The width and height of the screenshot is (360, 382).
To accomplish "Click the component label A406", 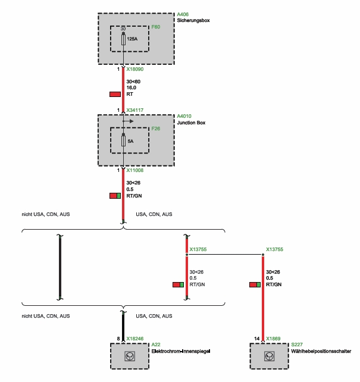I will tap(183, 14).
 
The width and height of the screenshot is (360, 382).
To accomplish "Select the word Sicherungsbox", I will tap(193, 20).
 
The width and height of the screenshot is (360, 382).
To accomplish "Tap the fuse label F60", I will tap(156, 27).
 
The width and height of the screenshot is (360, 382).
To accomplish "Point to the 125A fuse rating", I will tap(132, 39).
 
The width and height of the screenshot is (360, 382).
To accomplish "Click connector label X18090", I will tap(136, 70).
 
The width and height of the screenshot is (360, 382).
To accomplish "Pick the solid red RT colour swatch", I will tap(115, 94).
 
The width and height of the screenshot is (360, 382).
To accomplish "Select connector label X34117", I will tap(136, 110).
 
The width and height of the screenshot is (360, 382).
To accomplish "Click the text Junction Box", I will tap(192, 123).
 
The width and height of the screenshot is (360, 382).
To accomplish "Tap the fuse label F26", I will tap(156, 129).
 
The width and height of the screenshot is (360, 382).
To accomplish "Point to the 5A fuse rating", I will tap(130, 142).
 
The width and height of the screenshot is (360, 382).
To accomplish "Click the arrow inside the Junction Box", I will tap(128, 121).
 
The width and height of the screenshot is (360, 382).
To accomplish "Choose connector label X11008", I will tap(136, 170).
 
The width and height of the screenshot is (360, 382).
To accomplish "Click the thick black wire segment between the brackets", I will tap(60, 268).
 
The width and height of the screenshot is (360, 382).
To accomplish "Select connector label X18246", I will tap(136, 339).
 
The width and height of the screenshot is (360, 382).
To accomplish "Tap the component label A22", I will tap(156, 345).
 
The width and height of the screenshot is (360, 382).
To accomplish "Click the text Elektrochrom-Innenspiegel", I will tap(181, 351).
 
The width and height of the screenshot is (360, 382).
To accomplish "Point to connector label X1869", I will tap(274, 339).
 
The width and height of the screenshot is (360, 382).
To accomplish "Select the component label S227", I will tap(296, 345).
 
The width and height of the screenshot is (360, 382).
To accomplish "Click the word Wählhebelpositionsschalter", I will tap(321, 351).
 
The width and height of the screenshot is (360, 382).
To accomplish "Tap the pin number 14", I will tap(257, 339).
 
